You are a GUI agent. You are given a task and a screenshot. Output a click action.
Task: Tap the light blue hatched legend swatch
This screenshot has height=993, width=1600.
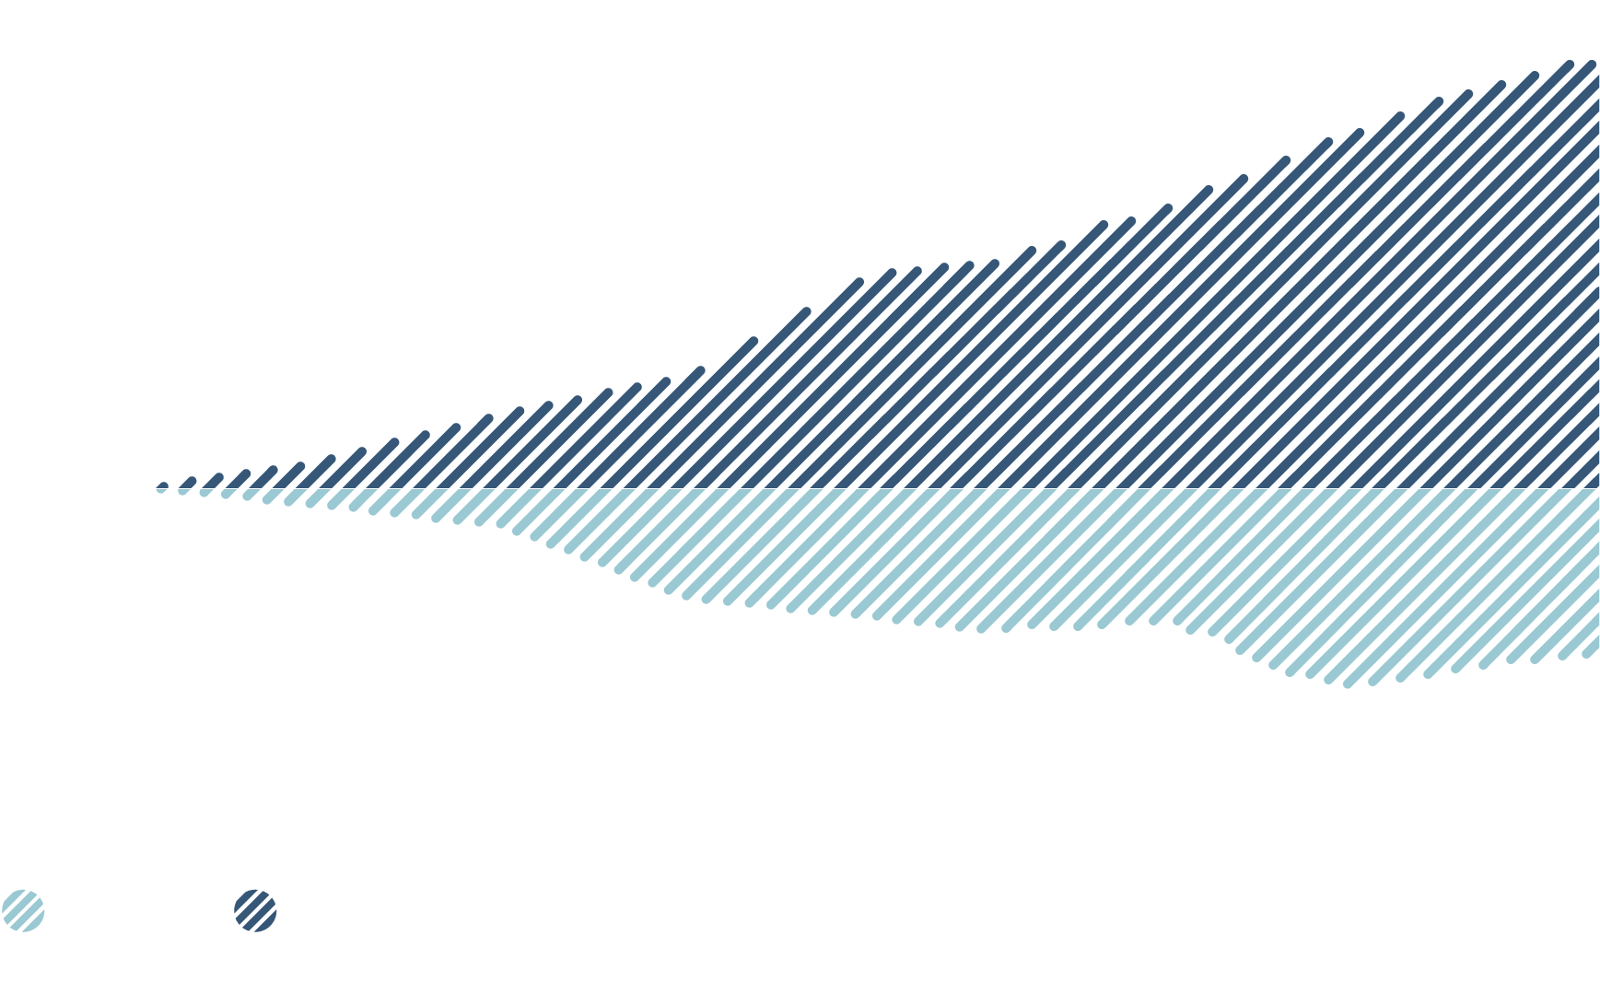click(23, 911)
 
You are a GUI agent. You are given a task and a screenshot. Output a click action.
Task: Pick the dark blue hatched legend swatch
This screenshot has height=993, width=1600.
click(255, 911)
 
